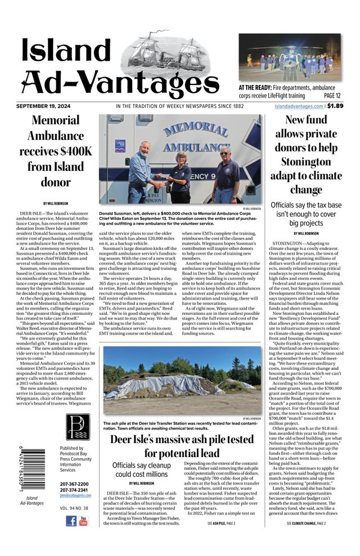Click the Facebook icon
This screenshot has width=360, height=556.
pos(71,521)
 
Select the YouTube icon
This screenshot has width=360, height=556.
pos(83,521)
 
